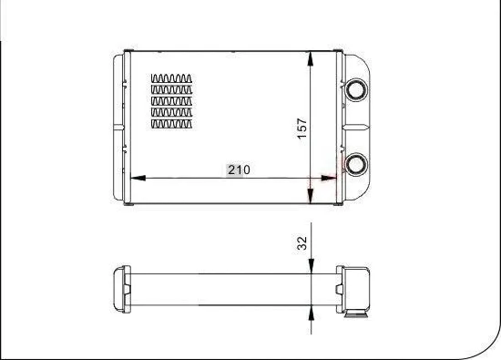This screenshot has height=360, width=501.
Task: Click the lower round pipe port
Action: [353, 164]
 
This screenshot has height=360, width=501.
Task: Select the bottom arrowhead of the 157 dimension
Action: [312, 195]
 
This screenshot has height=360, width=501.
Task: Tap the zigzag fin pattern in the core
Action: [172, 101]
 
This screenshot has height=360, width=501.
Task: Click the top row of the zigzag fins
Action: [172, 78]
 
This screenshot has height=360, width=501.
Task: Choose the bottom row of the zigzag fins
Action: [172, 123]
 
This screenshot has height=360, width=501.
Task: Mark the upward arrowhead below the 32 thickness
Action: [312, 309]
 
